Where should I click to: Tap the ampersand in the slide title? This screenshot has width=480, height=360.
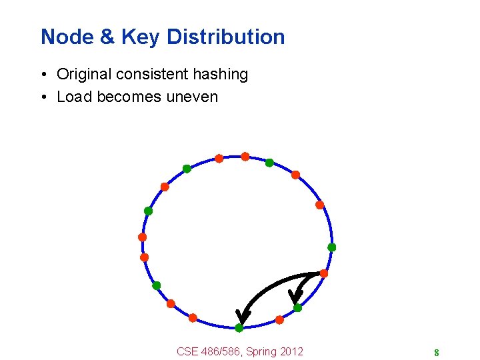(107, 37)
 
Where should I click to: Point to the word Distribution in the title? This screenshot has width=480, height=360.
(225, 37)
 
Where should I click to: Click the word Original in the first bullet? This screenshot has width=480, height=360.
(83, 75)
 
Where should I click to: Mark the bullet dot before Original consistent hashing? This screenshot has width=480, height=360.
(43, 75)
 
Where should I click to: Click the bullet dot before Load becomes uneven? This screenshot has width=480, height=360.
(43, 97)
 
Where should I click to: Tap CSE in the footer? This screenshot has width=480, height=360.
(188, 351)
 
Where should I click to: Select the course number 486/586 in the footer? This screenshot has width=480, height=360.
(221, 351)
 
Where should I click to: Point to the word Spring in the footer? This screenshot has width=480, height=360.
(261, 351)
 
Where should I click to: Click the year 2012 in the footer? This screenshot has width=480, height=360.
(291, 351)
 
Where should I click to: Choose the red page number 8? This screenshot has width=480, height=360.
(436, 353)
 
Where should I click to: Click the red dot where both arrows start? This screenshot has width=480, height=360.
(323, 273)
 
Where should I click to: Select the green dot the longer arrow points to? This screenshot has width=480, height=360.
(239, 328)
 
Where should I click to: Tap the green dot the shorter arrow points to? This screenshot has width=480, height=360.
(297, 308)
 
